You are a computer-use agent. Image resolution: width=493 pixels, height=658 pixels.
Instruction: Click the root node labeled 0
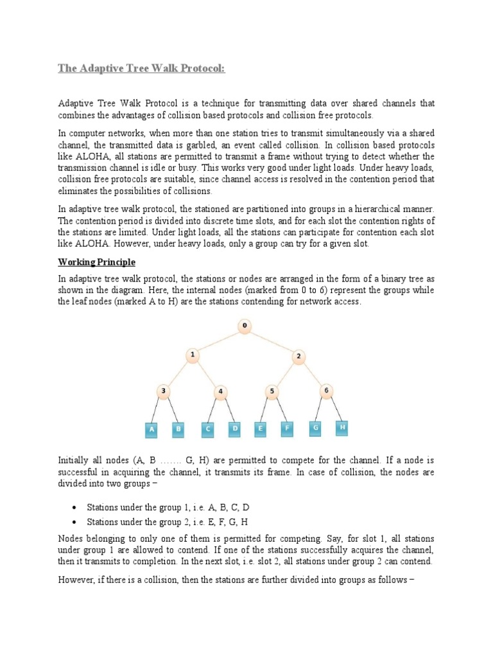(244, 326)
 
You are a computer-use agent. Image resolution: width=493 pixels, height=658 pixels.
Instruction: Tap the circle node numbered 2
(298, 356)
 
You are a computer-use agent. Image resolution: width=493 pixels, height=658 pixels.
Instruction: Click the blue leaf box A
(151, 429)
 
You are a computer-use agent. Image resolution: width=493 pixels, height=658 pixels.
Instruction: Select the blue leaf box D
(235, 429)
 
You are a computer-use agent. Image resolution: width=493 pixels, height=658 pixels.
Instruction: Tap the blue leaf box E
(261, 429)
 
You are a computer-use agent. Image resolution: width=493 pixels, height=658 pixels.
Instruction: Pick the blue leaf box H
(342, 427)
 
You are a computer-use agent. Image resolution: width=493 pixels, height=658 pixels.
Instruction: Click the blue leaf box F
(287, 429)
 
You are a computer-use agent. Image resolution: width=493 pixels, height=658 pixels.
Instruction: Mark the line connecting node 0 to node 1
(218, 341)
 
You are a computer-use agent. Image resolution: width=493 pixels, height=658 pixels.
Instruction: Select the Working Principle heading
(97, 262)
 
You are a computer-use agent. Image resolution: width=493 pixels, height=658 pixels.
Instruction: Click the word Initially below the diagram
(74, 460)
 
